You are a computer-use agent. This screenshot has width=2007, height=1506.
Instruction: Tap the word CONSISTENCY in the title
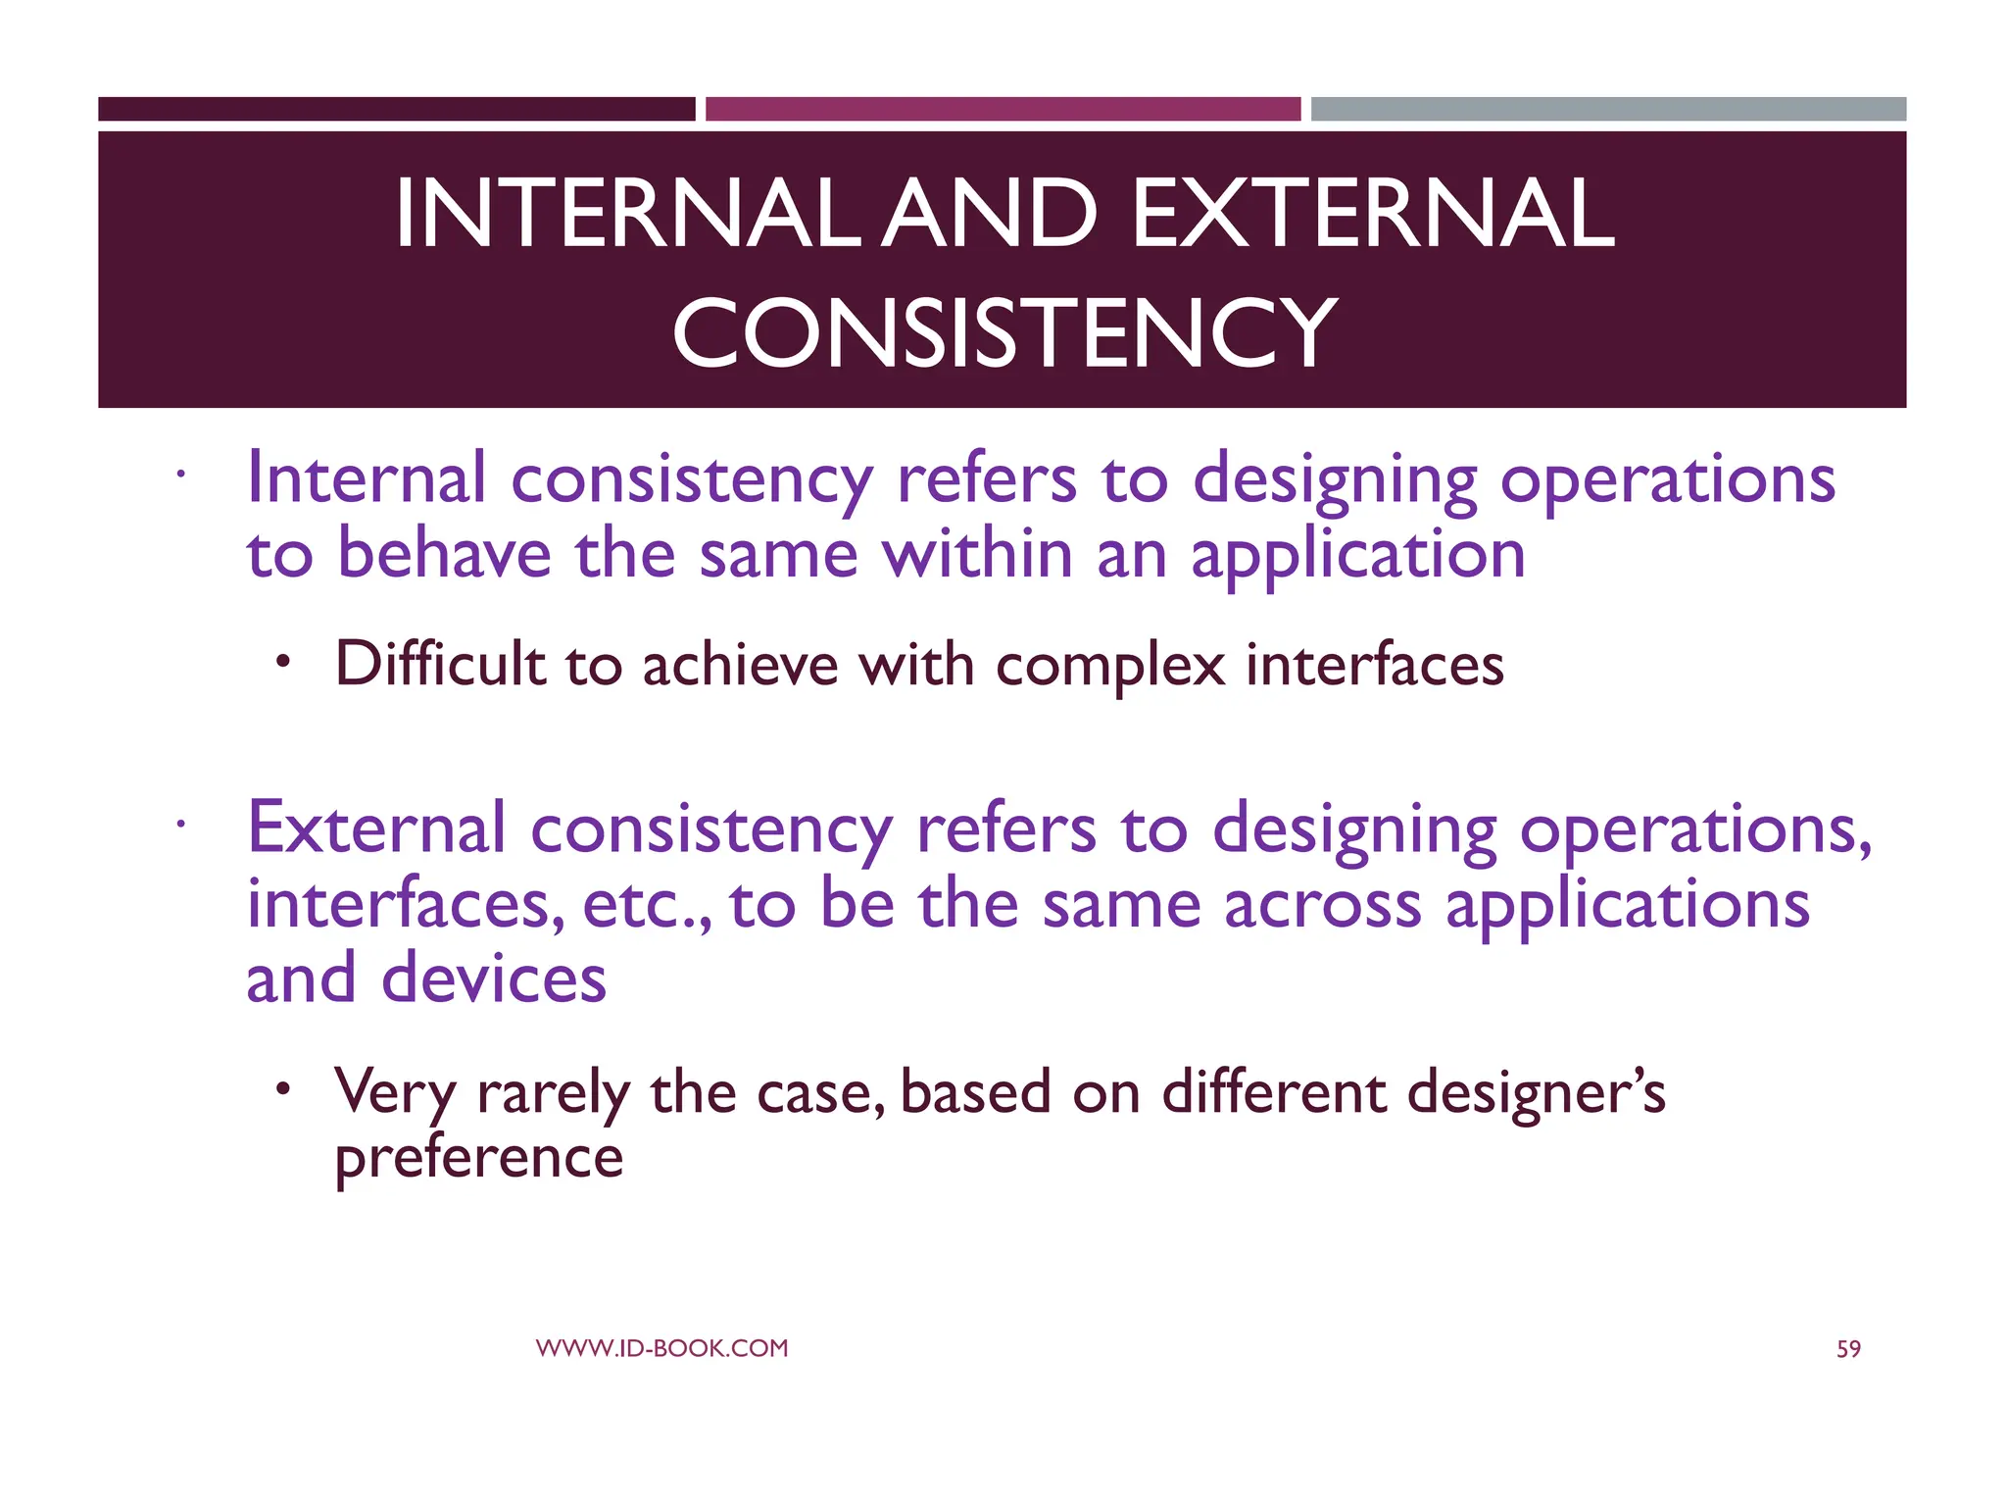(1003, 333)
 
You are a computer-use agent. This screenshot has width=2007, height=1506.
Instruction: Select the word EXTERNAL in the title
(1372, 213)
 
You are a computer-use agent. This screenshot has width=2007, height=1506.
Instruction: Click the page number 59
(1847, 1349)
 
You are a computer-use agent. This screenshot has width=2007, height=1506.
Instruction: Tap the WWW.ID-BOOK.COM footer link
(661, 1348)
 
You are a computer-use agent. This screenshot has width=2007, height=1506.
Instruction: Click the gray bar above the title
(1608, 109)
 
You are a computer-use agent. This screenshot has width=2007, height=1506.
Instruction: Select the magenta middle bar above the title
(1003, 109)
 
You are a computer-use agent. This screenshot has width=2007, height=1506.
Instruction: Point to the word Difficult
(440, 664)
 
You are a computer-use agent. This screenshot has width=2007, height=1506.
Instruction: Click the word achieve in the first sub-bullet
(740, 666)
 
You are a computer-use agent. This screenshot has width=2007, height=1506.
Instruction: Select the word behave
(445, 554)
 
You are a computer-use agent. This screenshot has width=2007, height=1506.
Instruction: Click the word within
(977, 554)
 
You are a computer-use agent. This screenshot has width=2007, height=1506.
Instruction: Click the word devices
(494, 979)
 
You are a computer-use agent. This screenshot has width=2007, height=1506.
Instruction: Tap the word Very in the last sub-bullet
(395, 1092)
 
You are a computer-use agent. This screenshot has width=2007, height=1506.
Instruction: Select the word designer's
(1536, 1092)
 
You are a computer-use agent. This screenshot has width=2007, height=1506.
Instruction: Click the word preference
(478, 1159)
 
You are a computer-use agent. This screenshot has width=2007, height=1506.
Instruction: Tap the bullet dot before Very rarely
(283, 1088)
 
